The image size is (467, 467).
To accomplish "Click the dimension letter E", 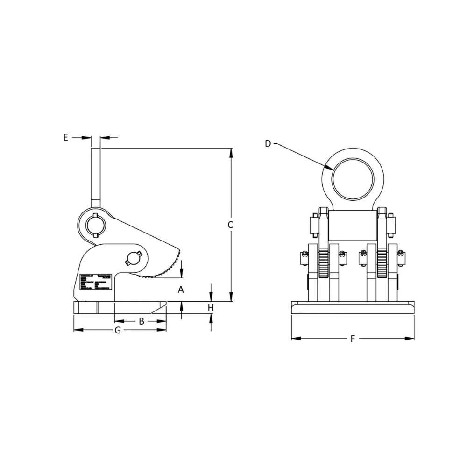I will (x=66, y=137).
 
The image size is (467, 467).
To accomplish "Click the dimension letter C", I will (x=230, y=225).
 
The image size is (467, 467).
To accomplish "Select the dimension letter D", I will (x=268, y=143).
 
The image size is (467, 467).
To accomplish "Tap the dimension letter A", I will (x=181, y=290).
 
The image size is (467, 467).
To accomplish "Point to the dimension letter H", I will (x=211, y=308).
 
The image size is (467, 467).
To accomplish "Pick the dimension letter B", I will (x=140, y=321).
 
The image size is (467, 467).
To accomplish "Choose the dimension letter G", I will (x=118, y=330).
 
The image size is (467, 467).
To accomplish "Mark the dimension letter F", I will (x=353, y=339).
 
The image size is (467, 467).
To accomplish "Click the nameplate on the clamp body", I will (x=98, y=283).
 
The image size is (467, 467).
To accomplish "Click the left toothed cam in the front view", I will (x=324, y=264).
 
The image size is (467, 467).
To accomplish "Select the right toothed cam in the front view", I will (x=382, y=264).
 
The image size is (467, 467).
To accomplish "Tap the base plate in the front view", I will (x=353, y=307).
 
